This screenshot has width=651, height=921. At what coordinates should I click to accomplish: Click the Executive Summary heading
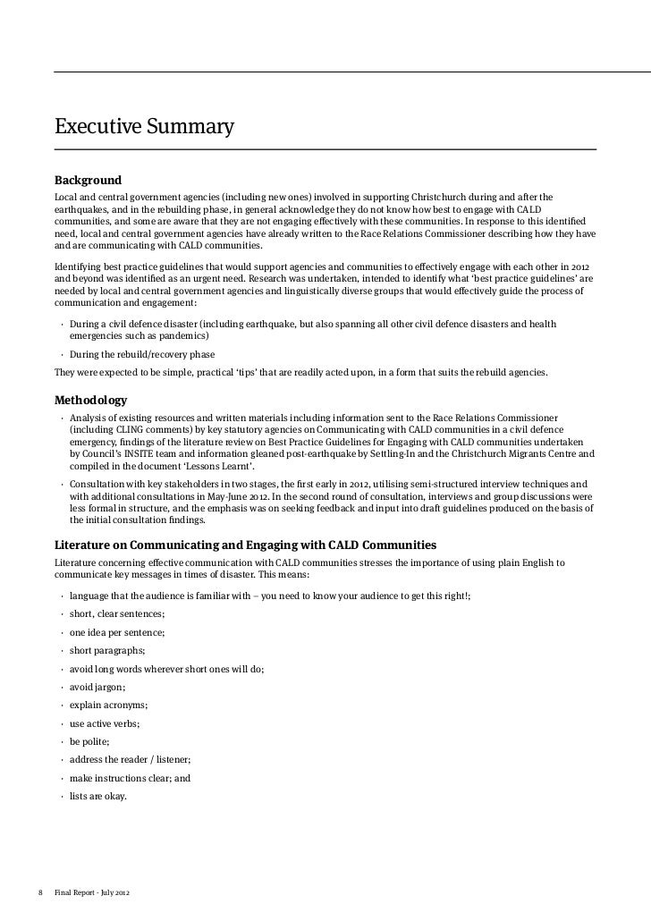[144, 127]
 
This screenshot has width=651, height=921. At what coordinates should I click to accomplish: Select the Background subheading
[88, 180]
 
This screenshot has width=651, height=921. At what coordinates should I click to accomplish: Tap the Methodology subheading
[90, 400]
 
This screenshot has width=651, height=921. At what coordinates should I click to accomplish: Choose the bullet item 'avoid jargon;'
[97, 687]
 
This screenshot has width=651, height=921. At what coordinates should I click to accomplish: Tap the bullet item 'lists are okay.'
[98, 796]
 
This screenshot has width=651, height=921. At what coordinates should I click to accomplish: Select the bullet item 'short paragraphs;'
[107, 650]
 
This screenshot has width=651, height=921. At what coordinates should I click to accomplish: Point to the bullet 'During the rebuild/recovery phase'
[142, 354]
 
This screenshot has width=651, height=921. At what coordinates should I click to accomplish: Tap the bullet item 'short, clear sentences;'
[117, 613]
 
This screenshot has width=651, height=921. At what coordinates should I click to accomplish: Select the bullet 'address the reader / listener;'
[130, 759]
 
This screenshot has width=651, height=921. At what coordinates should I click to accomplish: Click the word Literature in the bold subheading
[86, 545]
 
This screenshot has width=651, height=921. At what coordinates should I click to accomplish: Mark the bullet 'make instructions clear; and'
[130, 778]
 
